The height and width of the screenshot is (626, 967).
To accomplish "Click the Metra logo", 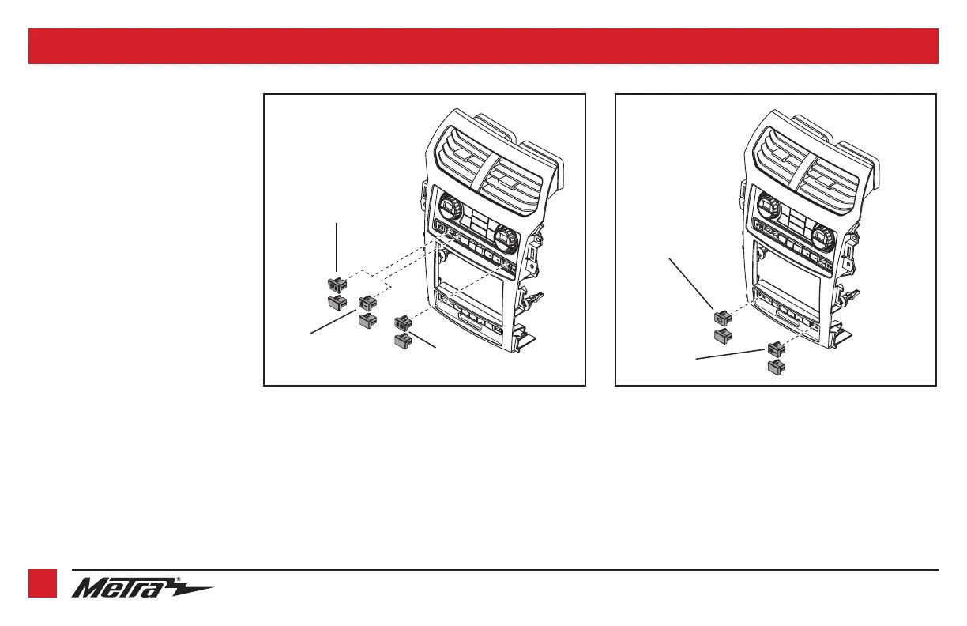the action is click(x=143, y=588).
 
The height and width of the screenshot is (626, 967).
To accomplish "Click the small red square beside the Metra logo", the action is click(x=43, y=584).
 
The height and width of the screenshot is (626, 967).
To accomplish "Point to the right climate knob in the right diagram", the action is click(x=822, y=236).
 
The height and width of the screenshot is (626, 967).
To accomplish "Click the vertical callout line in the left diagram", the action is click(x=337, y=249).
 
